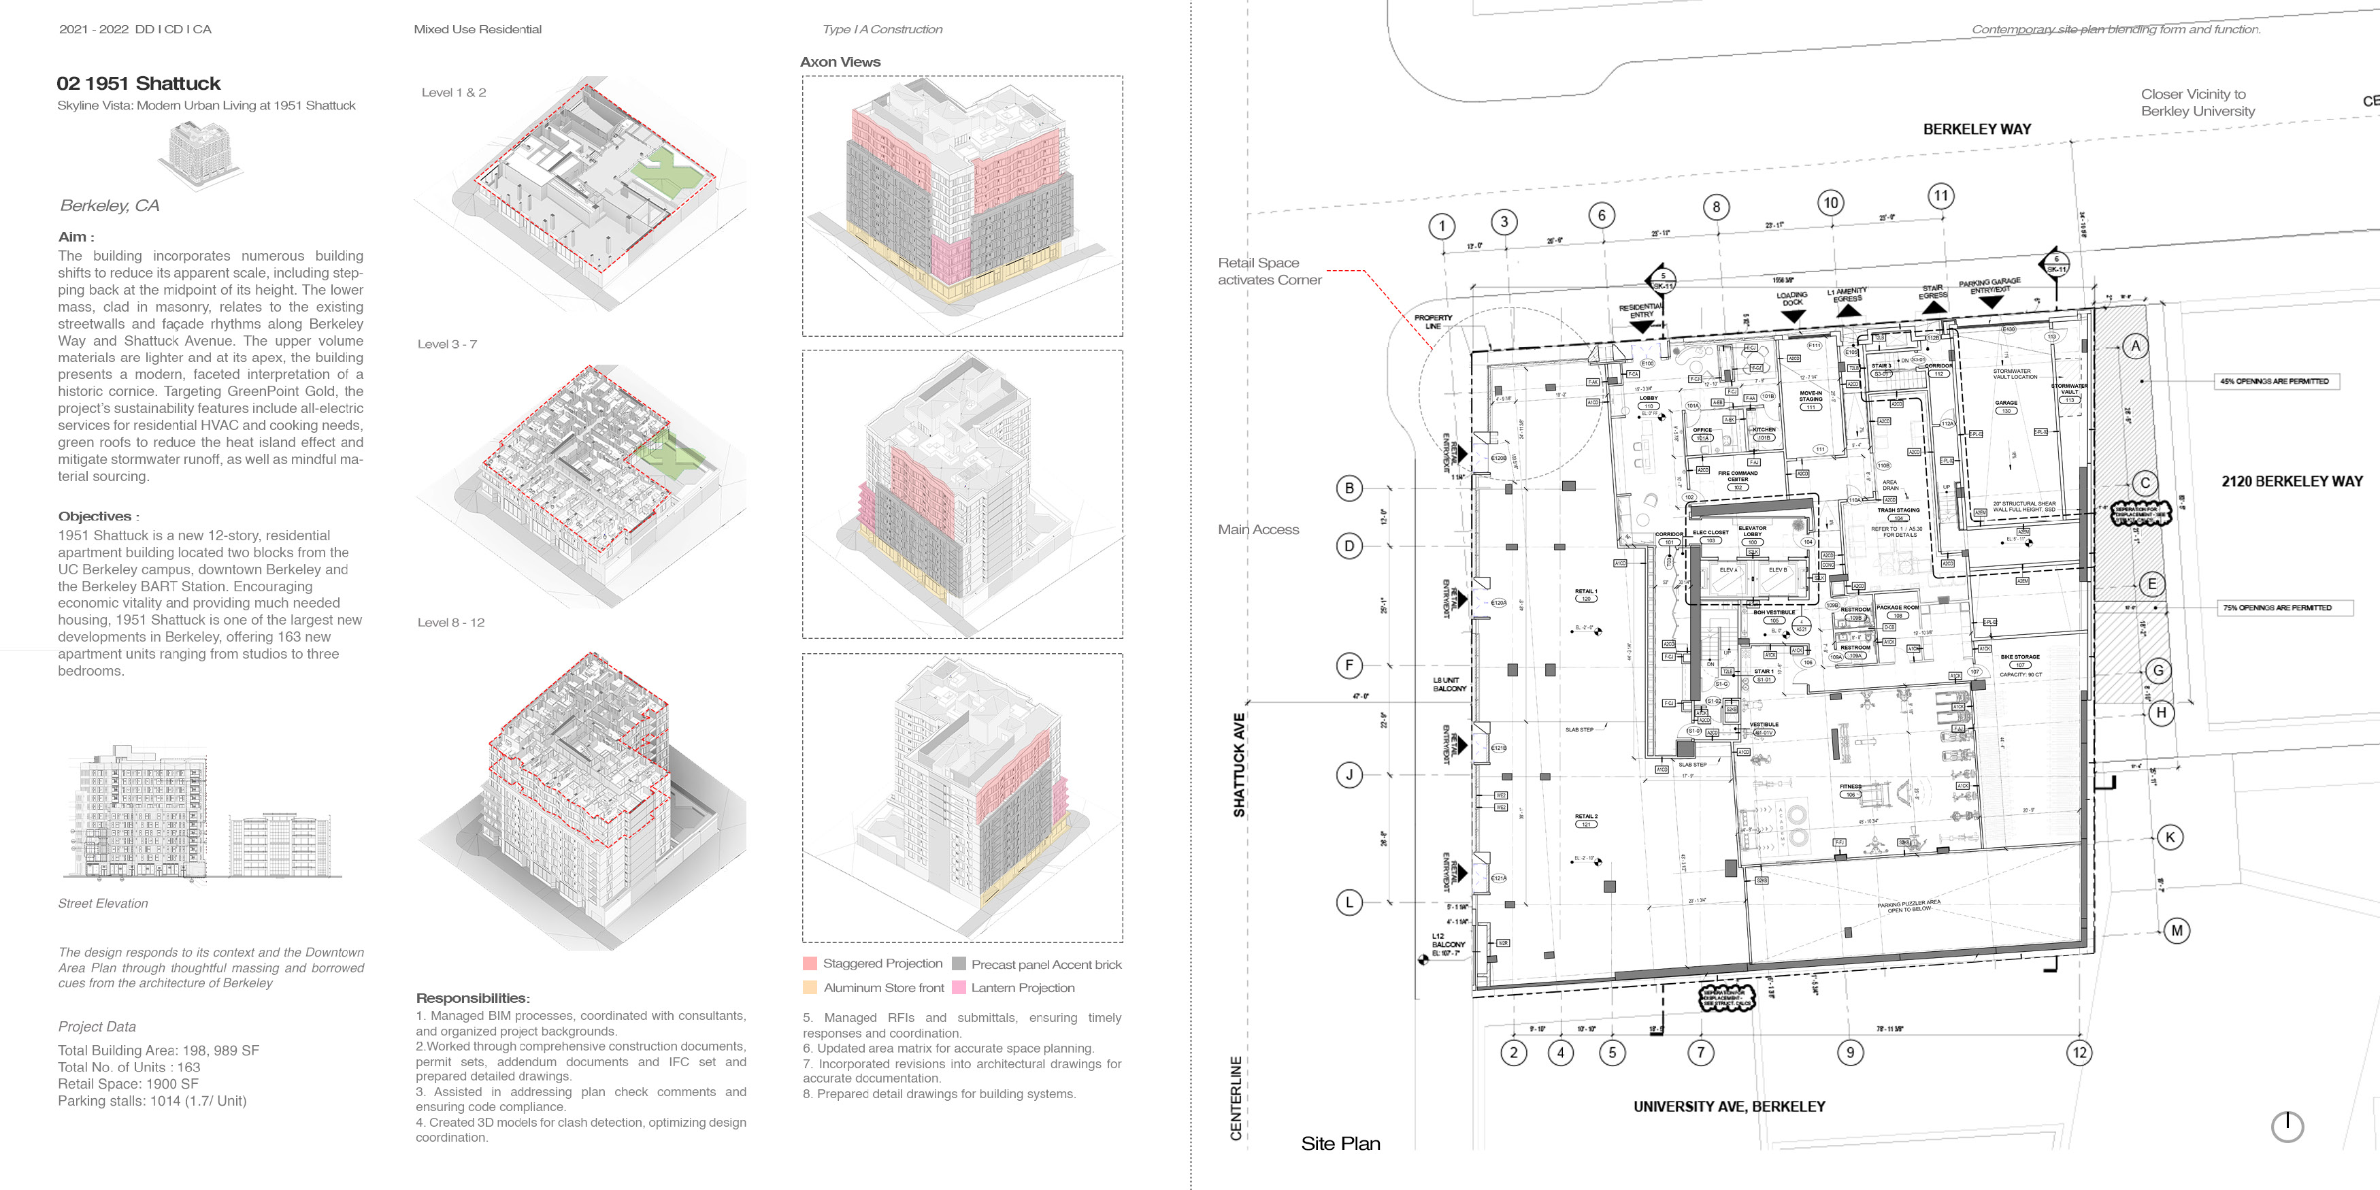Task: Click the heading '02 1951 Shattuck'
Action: coord(139,83)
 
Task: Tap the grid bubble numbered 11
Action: coord(1941,196)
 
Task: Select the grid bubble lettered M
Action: coord(2177,930)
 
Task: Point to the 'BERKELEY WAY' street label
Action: coord(1977,129)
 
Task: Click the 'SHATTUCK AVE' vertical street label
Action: coord(1239,764)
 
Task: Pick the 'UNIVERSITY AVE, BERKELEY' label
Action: coord(1729,1106)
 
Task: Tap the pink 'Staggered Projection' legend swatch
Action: coord(810,963)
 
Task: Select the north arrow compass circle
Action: coord(2287,1126)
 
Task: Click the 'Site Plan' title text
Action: coord(1340,1143)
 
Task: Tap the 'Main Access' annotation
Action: coord(1257,529)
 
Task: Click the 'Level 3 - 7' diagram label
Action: coord(447,344)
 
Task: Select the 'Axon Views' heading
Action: coord(840,62)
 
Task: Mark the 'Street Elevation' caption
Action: coord(103,904)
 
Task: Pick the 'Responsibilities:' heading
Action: coord(472,998)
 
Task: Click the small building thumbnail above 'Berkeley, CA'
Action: coord(198,155)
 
